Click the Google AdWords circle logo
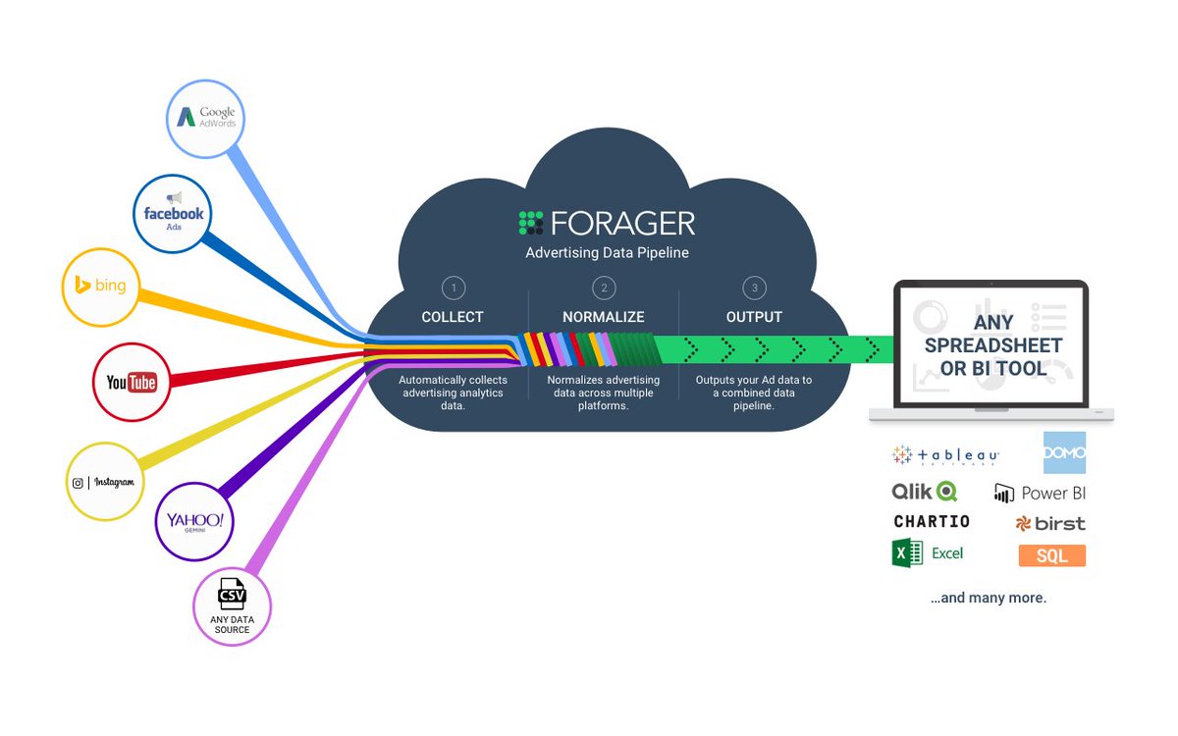pyautogui.click(x=205, y=118)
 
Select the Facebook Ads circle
pyautogui.click(x=173, y=214)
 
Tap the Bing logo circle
pyautogui.click(x=101, y=287)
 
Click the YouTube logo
pyautogui.click(x=132, y=382)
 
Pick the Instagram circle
pyautogui.click(x=104, y=481)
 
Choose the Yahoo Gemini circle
pyautogui.click(x=194, y=521)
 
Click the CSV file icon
pyautogui.click(x=232, y=593)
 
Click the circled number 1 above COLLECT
pyautogui.click(x=453, y=288)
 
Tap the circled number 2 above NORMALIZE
pyautogui.click(x=604, y=288)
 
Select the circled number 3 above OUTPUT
pyautogui.click(x=754, y=288)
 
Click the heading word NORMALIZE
pyautogui.click(x=604, y=317)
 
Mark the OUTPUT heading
pyautogui.click(x=754, y=317)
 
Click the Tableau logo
pyautogui.click(x=945, y=455)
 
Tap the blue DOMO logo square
pyautogui.click(x=1064, y=452)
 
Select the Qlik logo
pyautogui.click(x=924, y=491)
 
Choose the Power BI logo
pyautogui.click(x=1041, y=493)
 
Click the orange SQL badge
pyautogui.click(x=1052, y=555)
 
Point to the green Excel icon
pyautogui.click(x=907, y=553)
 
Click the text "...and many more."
pyautogui.click(x=989, y=598)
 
